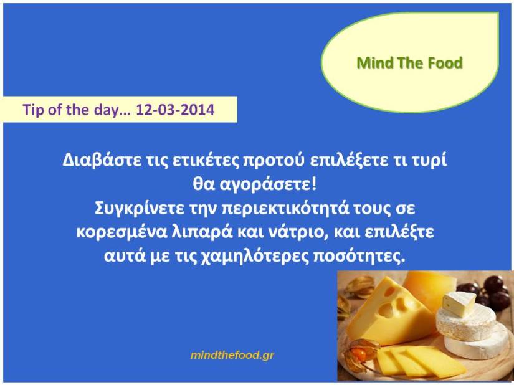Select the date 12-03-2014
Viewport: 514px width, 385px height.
point(175,110)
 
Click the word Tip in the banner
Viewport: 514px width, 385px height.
point(33,110)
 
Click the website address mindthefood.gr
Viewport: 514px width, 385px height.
point(232,355)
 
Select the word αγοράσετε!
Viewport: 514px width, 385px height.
point(268,185)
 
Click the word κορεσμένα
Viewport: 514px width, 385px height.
point(121,232)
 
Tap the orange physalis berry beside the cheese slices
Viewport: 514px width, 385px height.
point(358,354)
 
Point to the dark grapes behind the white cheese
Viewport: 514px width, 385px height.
point(485,292)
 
